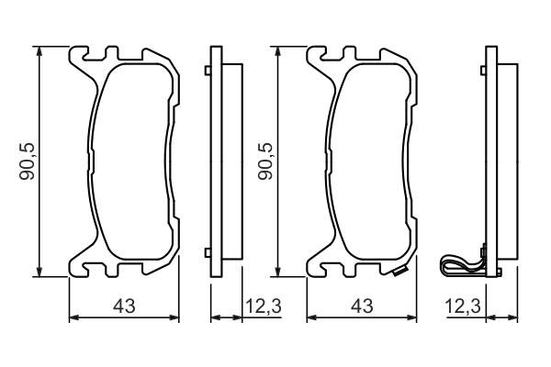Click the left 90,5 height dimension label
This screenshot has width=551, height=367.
point(27,161)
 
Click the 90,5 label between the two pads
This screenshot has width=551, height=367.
point(265,161)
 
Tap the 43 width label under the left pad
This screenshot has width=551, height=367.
point(124,305)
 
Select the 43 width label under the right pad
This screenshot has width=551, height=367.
point(361,305)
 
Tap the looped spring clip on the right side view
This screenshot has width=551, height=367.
point(459,267)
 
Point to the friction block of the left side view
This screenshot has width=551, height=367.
point(233,161)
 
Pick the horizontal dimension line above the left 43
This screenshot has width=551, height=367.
point(124,318)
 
